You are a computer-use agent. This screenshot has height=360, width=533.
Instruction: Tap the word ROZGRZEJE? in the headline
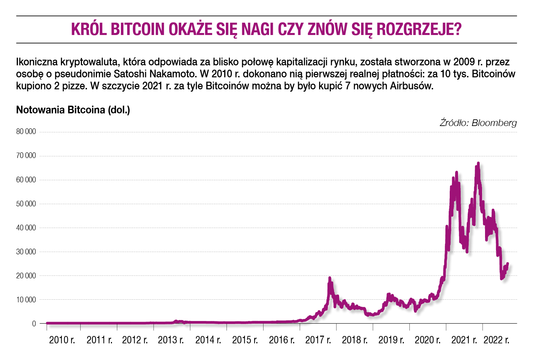coord(419,29)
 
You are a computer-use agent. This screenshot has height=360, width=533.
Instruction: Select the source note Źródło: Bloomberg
coord(478,123)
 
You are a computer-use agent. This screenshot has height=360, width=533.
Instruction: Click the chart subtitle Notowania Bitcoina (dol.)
coord(73,110)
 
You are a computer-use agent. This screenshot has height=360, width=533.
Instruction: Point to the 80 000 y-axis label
coord(26,132)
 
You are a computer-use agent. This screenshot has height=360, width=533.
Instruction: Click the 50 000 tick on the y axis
coord(26,204)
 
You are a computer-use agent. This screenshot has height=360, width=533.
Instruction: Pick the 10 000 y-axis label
coord(26,300)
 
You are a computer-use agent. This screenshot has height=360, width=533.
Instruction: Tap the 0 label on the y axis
coord(34,324)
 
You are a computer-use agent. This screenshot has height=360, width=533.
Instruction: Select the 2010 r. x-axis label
coord(62,340)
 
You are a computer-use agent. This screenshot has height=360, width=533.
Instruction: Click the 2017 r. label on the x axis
coord(318,340)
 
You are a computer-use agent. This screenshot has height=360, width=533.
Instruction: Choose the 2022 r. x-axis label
coord(496,340)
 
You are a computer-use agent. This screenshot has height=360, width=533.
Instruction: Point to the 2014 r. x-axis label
coord(208,340)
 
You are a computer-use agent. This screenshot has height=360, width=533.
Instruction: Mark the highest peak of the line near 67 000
coord(478,163)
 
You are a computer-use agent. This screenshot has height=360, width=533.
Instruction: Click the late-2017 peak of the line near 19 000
coord(329,278)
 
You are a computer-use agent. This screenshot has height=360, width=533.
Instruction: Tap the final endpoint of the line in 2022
coord(507,264)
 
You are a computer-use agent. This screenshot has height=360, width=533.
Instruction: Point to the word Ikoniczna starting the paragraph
coord(37,62)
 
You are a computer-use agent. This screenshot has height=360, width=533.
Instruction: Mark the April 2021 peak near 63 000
coord(456,172)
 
